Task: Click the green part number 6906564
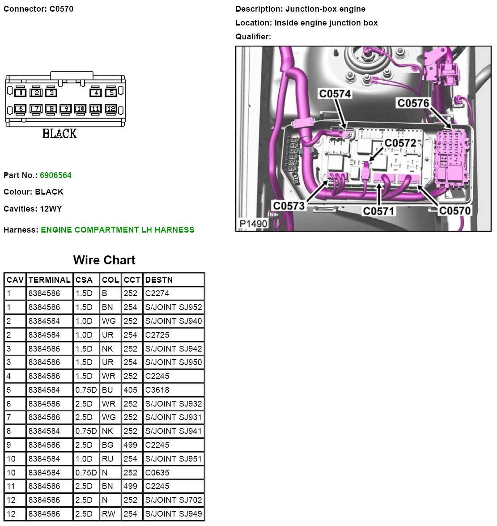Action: click(55, 175)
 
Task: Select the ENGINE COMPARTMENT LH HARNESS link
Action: click(117, 230)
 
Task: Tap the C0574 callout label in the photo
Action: click(335, 93)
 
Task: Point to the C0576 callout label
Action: click(413, 103)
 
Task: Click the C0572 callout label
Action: click(400, 143)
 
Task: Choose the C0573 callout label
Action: click(289, 206)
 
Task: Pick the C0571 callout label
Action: click(378, 211)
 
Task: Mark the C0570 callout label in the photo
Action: click(455, 211)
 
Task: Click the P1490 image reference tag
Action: click(253, 224)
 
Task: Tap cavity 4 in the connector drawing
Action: click(96, 93)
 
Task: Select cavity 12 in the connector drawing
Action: click(110, 109)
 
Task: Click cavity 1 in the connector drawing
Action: click(20, 93)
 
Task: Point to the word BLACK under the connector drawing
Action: click(59, 133)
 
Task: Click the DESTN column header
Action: click(159, 280)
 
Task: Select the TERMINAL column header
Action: click(49, 280)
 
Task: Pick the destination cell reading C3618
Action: click(157, 390)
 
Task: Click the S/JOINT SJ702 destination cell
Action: click(174, 500)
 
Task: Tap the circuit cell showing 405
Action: click(130, 390)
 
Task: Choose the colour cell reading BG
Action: click(107, 445)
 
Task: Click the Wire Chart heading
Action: click(104, 260)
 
